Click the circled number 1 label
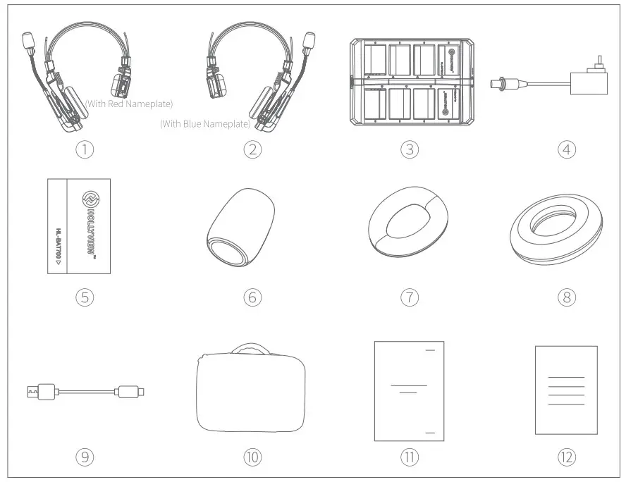(85, 149)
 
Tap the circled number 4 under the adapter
(566, 149)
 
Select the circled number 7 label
(410, 297)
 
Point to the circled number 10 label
(252, 457)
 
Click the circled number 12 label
(566, 457)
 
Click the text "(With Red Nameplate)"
(128, 104)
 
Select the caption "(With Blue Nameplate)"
(204, 124)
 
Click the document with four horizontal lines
(566, 390)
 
